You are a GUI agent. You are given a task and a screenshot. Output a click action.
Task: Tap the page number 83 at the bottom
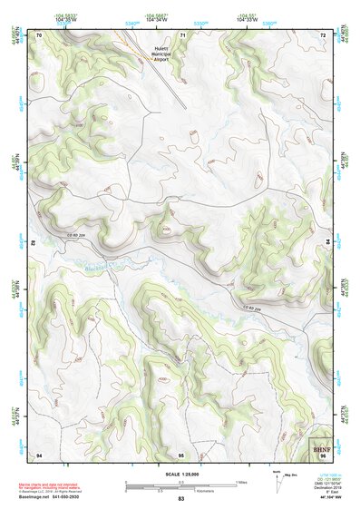pos(180,499)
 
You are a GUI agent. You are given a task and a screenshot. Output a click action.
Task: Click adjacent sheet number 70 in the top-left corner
pos(39,34)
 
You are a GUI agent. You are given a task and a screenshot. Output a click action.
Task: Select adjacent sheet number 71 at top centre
pos(181,34)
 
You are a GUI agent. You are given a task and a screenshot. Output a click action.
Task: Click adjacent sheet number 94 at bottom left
pos(39,454)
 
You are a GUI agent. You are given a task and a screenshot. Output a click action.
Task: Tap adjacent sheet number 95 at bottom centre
pos(181,454)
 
